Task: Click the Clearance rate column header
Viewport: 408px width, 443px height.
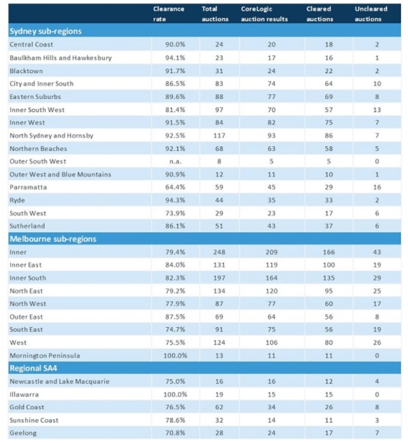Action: pyautogui.click(x=169, y=14)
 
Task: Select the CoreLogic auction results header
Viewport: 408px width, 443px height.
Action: pyautogui.click(x=264, y=14)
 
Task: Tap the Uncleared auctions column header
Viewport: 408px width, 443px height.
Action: pyautogui.click(x=371, y=14)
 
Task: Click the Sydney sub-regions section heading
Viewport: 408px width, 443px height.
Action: pyautogui.click(x=46, y=31)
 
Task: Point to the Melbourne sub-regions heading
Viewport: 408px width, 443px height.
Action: pyautogui.click(x=53, y=239)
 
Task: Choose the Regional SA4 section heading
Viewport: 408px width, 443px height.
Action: pyautogui.click(x=34, y=368)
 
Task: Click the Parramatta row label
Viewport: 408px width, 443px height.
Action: pyautogui.click(x=28, y=187)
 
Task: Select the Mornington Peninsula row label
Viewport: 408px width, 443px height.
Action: pyautogui.click(x=44, y=356)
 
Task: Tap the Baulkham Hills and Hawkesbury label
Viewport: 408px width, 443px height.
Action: pyautogui.click(x=61, y=58)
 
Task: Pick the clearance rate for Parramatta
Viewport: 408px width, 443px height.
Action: pyautogui.click(x=175, y=187)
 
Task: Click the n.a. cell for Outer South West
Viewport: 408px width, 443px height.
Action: pyautogui.click(x=175, y=161)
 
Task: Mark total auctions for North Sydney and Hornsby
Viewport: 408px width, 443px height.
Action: pyautogui.click(x=219, y=136)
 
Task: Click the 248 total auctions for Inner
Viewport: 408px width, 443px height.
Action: pyautogui.click(x=219, y=252)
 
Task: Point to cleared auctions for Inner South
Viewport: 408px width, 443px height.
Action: pyautogui.click(x=329, y=278)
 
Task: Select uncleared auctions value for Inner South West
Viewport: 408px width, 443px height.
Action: pyautogui.click(x=377, y=110)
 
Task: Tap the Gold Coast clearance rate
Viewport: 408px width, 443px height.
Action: pyautogui.click(x=175, y=407)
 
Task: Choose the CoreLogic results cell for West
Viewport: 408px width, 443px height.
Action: pyautogui.click(x=271, y=343)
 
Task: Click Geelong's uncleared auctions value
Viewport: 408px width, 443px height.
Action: pyautogui.click(x=377, y=433)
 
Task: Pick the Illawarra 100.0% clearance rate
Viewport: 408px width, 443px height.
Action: pyautogui.click(x=175, y=394)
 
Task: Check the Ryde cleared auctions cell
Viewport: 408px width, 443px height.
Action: pyautogui.click(x=329, y=200)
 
